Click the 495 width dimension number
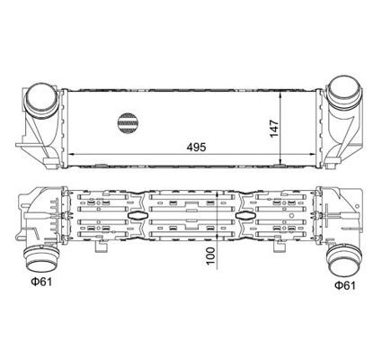point(196,148)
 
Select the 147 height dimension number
point(274,129)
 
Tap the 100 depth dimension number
point(210,256)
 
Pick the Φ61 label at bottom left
point(41,282)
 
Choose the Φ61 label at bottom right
point(345,285)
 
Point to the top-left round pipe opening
point(40,95)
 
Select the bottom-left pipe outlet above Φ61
point(40,257)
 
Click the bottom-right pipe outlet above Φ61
point(343,260)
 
